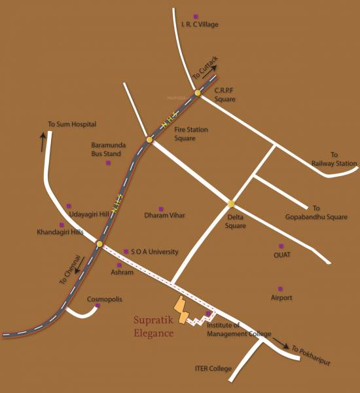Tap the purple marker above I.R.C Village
[x=195, y=16]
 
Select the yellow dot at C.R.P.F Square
[x=197, y=94]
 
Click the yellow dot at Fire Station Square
[x=150, y=140]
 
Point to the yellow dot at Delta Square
[x=230, y=204]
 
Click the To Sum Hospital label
[x=72, y=124]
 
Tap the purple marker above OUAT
[x=281, y=246]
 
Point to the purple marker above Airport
[x=280, y=289]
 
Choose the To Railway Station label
[x=334, y=159]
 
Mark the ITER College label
[x=213, y=369]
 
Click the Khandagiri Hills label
[x=60, y=232]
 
